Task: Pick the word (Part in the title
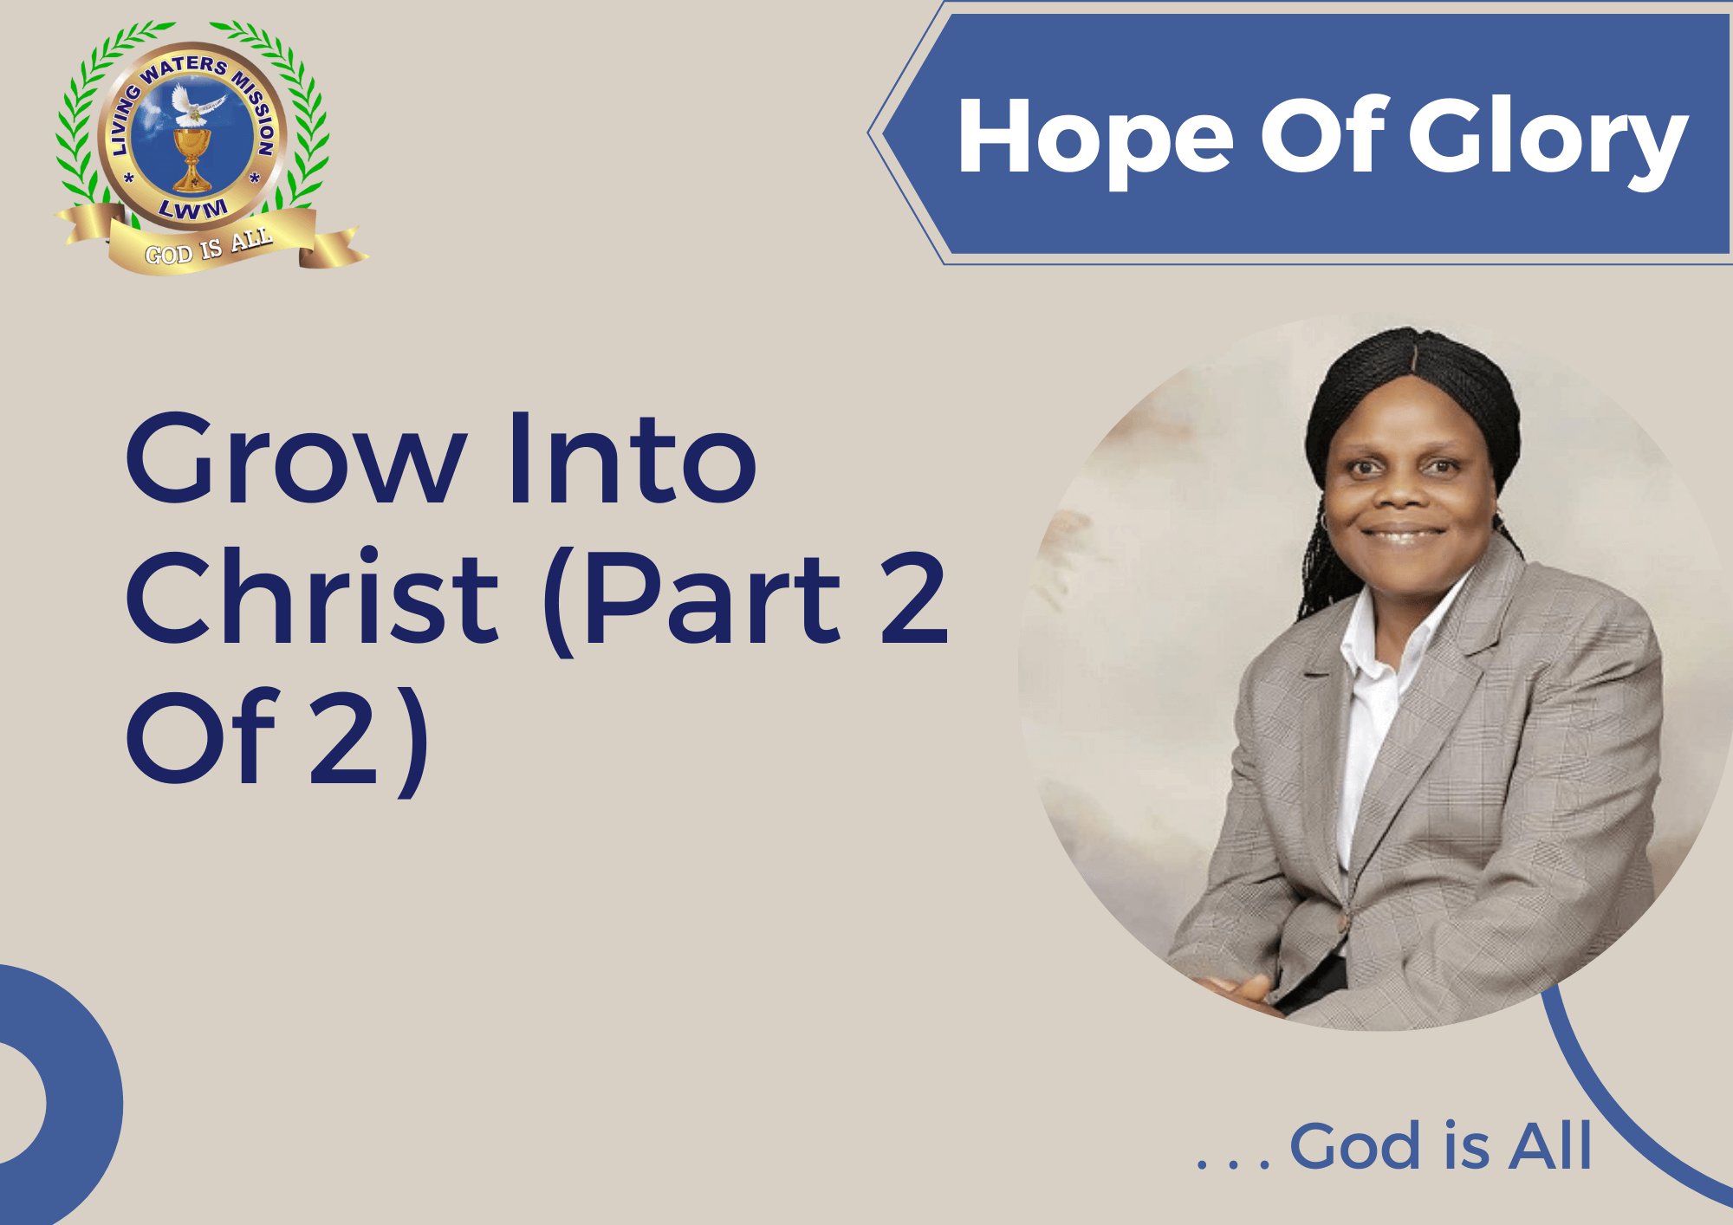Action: point(693,601)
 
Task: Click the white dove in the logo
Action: point(196,105)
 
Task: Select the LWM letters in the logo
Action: point(193,209)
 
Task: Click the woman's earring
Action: point(1324,522)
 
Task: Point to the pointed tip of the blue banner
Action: point(869,133)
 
